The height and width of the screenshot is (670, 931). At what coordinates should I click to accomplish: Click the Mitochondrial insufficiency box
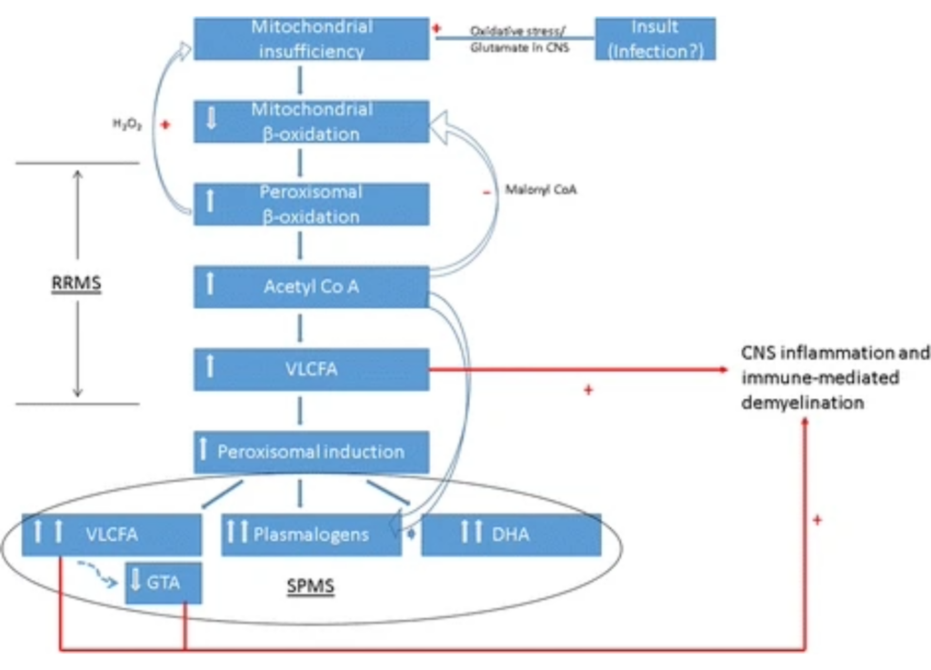(311, 39)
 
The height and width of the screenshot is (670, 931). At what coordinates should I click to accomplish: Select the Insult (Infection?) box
(655, 39)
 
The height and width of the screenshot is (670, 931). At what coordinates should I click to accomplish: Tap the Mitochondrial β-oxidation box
(311, 122)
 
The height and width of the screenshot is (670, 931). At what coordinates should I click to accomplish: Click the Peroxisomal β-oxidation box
(311, 205)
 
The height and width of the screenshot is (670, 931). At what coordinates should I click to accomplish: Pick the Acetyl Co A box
(311, 287)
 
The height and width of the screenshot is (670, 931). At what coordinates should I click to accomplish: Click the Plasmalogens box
(311, 535)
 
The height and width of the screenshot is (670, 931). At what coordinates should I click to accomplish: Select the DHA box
(510, 535)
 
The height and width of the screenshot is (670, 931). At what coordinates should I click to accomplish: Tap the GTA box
(164, 584)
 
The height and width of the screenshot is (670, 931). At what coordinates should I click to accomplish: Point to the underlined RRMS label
(76, 284)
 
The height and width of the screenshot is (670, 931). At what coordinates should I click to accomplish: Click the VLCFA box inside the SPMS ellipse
(111, 535)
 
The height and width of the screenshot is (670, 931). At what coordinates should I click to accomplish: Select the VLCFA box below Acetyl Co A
(311, 370)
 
